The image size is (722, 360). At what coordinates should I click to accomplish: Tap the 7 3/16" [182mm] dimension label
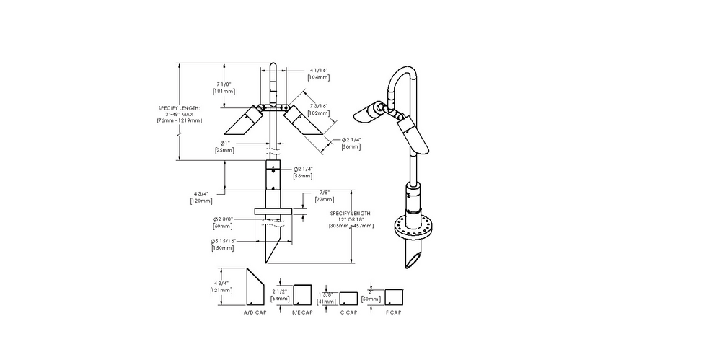[x=317, y=110]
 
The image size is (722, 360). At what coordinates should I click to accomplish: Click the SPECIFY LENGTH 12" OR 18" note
[x=351, y=220]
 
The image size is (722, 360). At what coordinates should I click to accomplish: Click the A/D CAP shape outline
[x=254, y=289]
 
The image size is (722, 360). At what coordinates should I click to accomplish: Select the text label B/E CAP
[x=303, y=312]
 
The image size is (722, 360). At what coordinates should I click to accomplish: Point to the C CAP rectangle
[x=348, y=298]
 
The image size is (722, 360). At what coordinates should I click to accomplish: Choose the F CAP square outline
[x=393, y=297]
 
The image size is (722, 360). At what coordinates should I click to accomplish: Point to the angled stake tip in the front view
[x=272, y=249]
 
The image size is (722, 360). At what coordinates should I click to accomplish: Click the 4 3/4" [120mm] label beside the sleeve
[x=201, y=197]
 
